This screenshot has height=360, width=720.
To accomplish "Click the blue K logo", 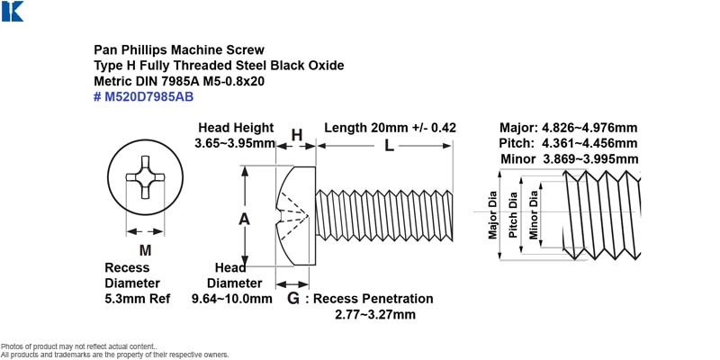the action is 13,11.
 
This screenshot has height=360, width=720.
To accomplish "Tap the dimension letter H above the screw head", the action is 297,135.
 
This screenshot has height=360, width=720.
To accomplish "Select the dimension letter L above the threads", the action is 389,146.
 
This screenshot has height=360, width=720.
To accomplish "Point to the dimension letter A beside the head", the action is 244,220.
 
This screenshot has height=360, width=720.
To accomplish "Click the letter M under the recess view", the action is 145,250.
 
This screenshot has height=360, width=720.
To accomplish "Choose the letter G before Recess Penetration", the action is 293,299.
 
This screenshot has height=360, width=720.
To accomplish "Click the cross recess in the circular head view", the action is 145,177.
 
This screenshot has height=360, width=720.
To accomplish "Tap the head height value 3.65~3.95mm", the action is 235,143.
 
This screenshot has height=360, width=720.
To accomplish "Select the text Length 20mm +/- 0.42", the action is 391,128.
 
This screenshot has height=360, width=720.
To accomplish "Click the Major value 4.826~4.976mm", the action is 589,128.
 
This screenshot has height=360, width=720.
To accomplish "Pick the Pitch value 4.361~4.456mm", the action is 589,143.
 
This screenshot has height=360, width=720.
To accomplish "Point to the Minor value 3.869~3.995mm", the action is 590,159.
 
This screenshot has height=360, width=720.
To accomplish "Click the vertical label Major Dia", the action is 492,214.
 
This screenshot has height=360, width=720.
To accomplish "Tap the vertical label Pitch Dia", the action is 513,214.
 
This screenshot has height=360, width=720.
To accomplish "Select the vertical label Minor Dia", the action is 533,214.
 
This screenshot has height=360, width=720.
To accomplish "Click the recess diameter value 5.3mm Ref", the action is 138,299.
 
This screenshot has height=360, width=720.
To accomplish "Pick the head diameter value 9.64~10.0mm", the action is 232,299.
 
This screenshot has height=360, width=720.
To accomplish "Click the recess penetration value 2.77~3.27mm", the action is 375,314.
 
